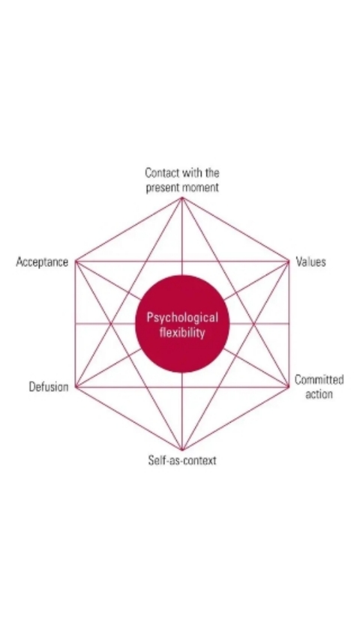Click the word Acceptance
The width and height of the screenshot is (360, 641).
[42, 262]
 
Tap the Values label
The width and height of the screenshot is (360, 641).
[310, 262]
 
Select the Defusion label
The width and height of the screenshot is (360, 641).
[49, 387]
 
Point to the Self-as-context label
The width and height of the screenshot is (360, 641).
[182, 460]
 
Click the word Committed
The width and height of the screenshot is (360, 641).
[319, 380]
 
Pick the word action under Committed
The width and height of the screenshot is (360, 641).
[319, 394]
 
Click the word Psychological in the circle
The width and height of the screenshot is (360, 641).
[182, 318]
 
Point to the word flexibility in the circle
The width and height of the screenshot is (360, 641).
[182, 333]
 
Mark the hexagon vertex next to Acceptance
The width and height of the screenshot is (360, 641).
[76, 261]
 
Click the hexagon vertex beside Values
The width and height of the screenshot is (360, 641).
[289, 261]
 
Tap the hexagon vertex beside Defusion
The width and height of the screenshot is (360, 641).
[76, 386]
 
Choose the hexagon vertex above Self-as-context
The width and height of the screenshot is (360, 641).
[182, 450]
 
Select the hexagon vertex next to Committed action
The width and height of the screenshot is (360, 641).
[289, 386]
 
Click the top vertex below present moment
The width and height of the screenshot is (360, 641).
[182, 198]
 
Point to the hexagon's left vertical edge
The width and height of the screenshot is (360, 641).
[76, 324]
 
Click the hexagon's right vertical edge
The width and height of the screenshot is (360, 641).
[289, 324]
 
